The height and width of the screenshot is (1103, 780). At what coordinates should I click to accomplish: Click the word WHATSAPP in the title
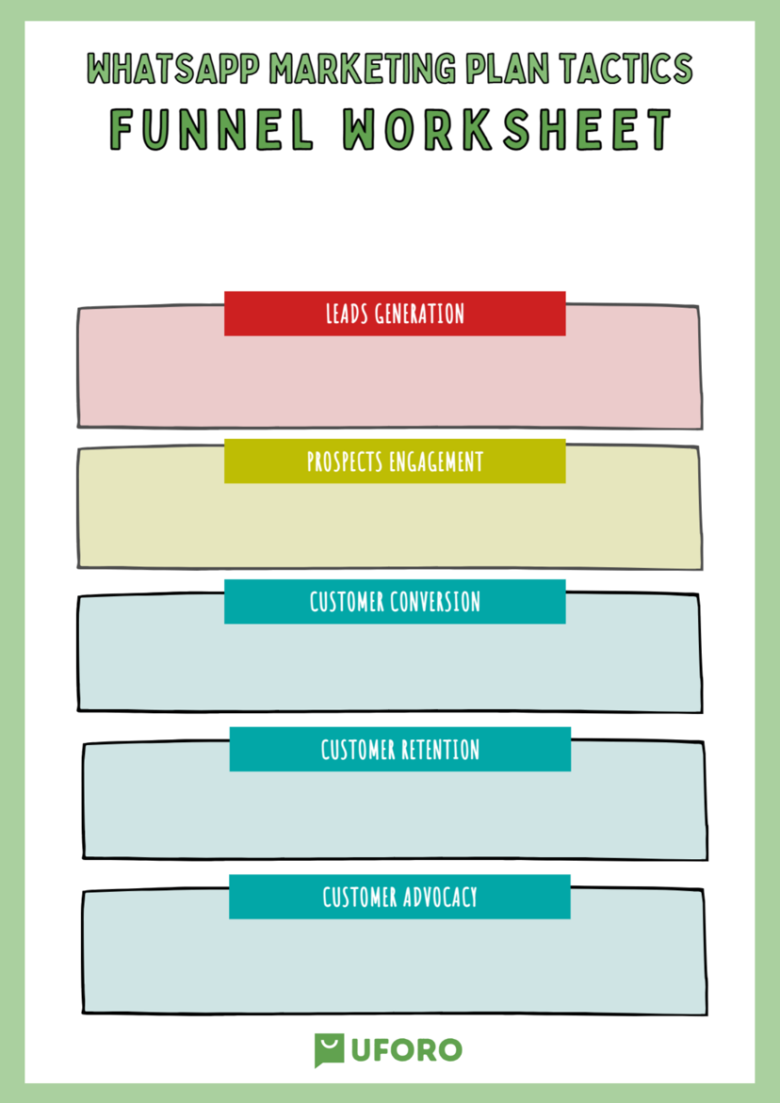pyautogui.click(x=174, y=68)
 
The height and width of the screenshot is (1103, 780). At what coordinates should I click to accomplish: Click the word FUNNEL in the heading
pyautogui.click(x=212, y=129)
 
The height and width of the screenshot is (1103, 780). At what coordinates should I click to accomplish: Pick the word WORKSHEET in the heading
pyautogui.click(x=507, y=129)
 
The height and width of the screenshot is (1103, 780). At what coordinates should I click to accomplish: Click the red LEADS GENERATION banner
pyautogui.click(x=395, y=313)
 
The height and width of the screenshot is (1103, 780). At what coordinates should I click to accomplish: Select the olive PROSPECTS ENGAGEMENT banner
pyautogui.click(x=395, y=461)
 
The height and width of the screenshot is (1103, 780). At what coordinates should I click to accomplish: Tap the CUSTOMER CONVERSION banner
pyautogui.click(x=395, y=602)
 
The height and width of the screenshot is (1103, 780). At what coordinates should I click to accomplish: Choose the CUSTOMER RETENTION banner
pyautogui.click(x=399, y=749)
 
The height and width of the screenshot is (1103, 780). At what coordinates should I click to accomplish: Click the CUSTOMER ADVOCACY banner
pyautogui.click(x=399, y=897)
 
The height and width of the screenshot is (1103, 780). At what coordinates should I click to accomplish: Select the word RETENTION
pyautogui.click(x=440, y=750)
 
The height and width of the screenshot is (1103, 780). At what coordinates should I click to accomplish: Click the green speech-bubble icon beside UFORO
pyautogui.click(x=329, y=1050)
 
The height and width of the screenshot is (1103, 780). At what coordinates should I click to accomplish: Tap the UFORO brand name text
pyautogui.click(x=406, y=1050)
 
